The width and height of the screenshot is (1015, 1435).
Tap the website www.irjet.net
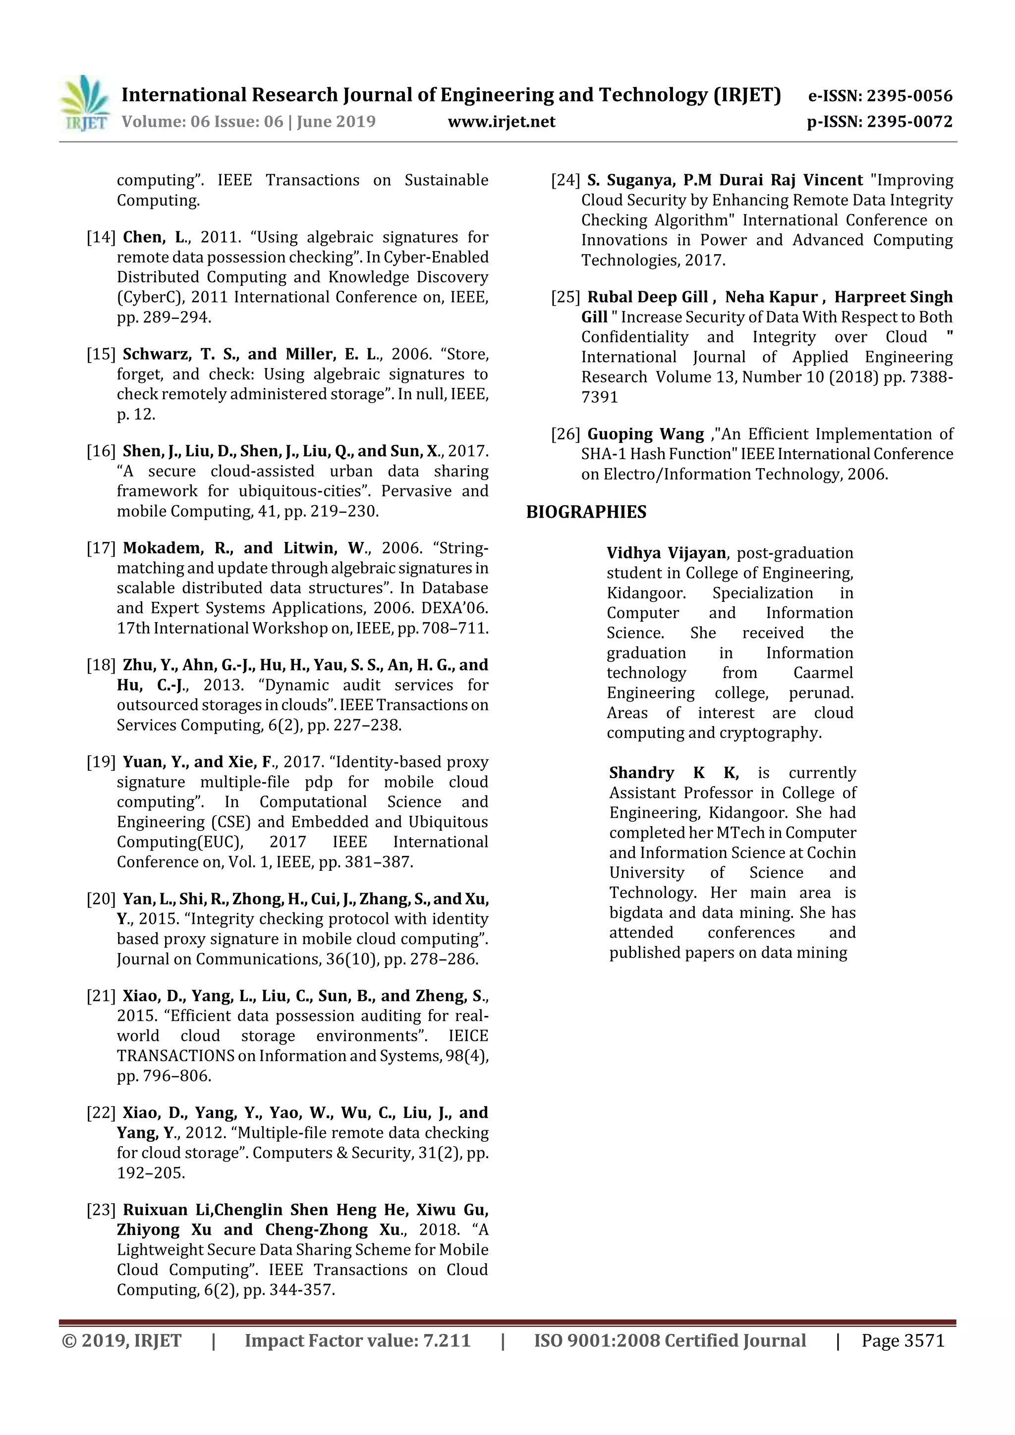pos(501,121)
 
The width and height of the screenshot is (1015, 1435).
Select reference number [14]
pos(101,237)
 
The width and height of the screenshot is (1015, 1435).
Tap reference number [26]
pos(565,434)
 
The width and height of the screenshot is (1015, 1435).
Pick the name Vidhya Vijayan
pos(666,553)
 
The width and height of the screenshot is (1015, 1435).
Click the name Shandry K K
pos(674,773)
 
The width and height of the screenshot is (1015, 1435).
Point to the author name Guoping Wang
pos(645,434)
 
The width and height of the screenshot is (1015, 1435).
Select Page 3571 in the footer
pos(902,1340)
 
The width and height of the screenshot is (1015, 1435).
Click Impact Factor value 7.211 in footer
pos(357,1340)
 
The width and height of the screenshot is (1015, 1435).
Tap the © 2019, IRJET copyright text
pos(122,1340)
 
